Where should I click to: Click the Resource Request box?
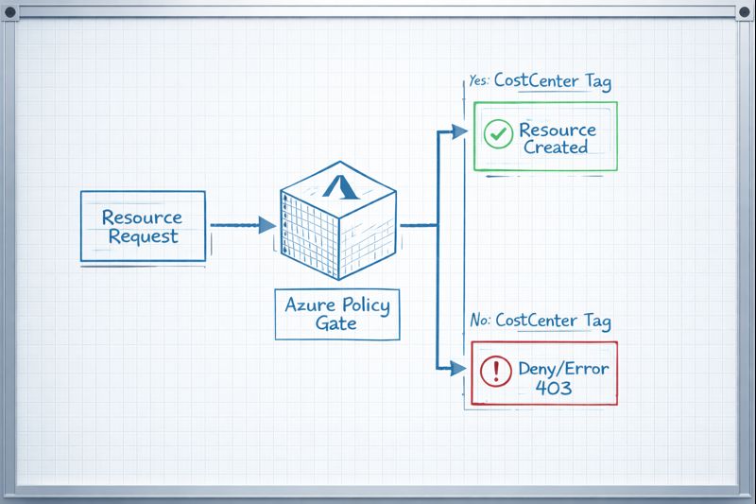[x=143, y=226]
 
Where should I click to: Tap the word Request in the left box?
[x=143, y=236]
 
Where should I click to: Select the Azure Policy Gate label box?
[x=336, y=314]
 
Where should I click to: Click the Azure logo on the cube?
[x=339, y=185]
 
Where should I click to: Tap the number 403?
[x=554, y=388]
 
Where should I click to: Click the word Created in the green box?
[x=556, y=147]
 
